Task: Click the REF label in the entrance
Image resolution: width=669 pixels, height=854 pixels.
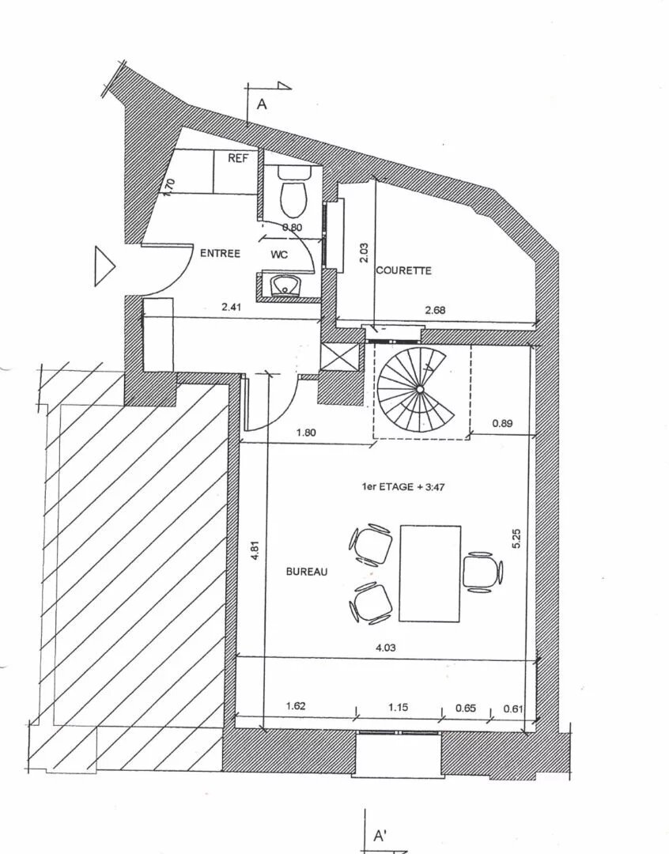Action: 238,159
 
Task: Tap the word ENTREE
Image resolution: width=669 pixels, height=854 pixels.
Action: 221,253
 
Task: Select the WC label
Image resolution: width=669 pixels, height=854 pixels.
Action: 279,255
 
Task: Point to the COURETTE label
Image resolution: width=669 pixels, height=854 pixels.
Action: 403,270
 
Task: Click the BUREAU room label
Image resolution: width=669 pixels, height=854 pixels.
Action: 307,572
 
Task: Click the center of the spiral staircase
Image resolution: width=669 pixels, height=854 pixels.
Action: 418,390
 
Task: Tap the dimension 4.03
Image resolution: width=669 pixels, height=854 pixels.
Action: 385,648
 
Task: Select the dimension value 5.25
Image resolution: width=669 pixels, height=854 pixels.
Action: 516,539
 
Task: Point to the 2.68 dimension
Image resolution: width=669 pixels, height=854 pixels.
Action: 435,310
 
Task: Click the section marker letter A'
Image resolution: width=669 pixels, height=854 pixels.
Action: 380,837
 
